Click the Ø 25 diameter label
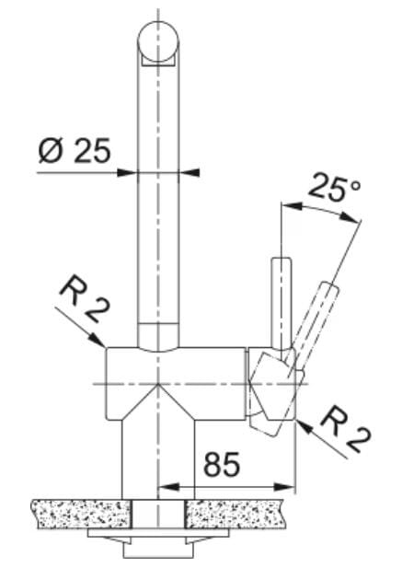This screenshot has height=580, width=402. tap(75, 151)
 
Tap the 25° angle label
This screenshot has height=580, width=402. tap(333, 189)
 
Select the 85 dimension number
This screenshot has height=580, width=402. tap(222, 464)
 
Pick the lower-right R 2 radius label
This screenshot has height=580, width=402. tap(345, 430)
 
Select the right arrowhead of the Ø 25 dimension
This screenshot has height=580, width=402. tap(189, 172)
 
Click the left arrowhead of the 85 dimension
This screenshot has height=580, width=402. tap(168, 487)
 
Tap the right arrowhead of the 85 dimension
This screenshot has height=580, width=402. tap(284, 488)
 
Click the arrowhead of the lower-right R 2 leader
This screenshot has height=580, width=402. tap(304, 427)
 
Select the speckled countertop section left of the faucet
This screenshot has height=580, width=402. tap(82, 514)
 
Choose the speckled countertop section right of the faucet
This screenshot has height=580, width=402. tap(235, 514)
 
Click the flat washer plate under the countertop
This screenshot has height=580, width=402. tap(158, 533)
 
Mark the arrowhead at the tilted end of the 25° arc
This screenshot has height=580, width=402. tap(350, 217)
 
